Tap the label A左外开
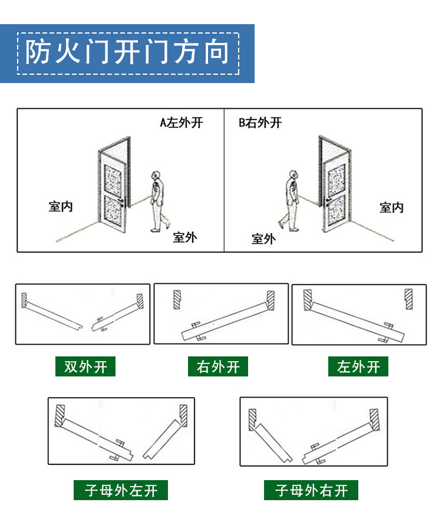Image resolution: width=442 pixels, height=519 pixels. (182, 123)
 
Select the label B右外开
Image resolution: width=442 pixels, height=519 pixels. (260, 123)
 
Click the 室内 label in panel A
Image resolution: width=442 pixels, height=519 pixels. (61, 207)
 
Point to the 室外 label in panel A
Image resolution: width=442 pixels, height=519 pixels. (184, 237)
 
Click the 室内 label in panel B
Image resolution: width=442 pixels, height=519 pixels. (391, 207)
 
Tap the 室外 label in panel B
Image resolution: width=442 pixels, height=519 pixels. (263, 239)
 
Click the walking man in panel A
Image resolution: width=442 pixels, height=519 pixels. (157, 201)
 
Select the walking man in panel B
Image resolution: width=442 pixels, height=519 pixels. (289, 201)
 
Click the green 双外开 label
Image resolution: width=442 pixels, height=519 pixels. (85, 366)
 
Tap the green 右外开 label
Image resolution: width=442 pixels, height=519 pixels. (218, 366)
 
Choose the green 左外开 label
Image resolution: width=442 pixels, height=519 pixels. (358, 366)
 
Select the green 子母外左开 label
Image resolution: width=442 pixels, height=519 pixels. (121, 490)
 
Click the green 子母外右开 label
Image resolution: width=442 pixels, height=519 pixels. (311, 490)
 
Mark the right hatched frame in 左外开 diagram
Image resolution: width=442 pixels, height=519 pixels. (408, 299)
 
